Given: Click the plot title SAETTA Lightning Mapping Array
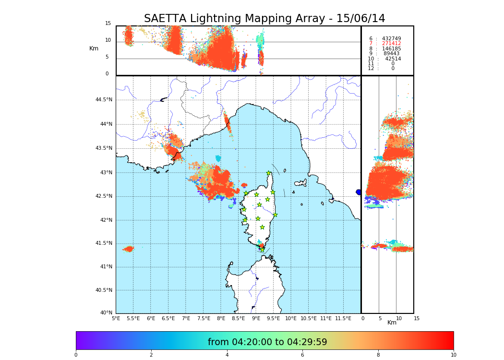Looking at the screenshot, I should click(x=264, y=19).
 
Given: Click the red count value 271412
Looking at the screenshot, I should click(x=391, y=44).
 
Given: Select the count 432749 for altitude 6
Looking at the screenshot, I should click(x=391, y=38).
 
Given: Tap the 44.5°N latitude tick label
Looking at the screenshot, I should click(x=104, y=100).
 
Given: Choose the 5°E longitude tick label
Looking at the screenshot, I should click(x=116, y=318).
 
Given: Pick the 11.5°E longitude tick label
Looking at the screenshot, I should click(x=343, y=318).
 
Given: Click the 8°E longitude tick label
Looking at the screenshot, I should click(x=221, y=318).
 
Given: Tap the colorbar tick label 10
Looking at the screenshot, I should click(x=453, y=355).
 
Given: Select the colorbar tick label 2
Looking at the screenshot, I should click(x=151, y=355).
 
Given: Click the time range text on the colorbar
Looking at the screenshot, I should click(x=267, y=342).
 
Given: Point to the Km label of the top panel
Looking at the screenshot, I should click(x=94, y=48).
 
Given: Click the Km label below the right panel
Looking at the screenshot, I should click(x=392, y=323).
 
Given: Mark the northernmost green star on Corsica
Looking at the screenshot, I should click(x=269, y=173).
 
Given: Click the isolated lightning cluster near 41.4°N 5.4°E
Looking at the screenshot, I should click(x=129, y=249).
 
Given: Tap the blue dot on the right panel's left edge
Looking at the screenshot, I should click(x=359, y=192).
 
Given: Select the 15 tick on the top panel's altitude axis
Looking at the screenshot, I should click(x=108, y=24).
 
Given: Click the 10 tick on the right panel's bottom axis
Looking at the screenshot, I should click(x=399, y=318).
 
